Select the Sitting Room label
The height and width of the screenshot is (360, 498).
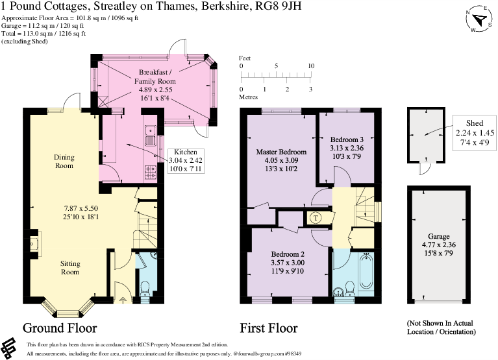pyautogui.click(x=71, y=269)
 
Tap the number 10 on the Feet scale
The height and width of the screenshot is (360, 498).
pyautogui.click(x=310, y=66)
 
